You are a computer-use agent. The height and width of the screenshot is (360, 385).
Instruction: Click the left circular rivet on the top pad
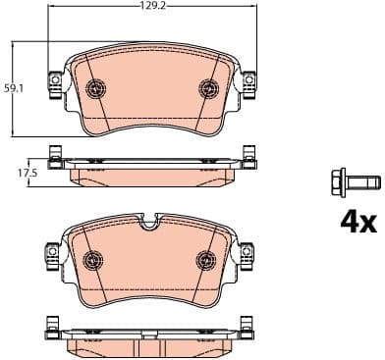click(96, 87)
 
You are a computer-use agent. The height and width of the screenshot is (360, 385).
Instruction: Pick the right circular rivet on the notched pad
click(207, 260)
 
